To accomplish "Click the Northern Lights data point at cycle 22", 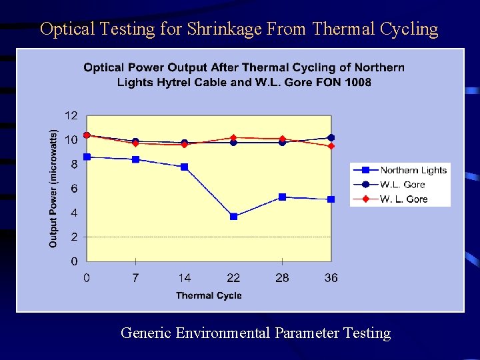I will pyautogui.click(x=233, y=217).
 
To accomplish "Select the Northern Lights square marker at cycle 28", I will pyautogui.click(x=283, y=197).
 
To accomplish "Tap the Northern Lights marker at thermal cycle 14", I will pyautogui.click(x=185, y=167).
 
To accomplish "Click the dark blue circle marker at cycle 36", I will pyautogui.click(x=331, y=138).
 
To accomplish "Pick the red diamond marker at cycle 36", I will pyautogui.click(x=331, y=146).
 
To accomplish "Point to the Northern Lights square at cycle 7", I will pyautogui.click(x=136, y=159).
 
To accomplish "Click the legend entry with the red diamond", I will pyautogui.click(x=400, y=199).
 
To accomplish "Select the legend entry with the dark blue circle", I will pyautogui.click(x=400, y=185).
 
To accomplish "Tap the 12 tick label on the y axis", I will pyautogui.click(x=71, y=115).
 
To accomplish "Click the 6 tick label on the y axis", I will pyautogui.click(x=74, y=189).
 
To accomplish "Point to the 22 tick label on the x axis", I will pyautogui.click(x=233, y=278).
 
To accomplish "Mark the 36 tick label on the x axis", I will pyautogui.click(x=331, y=278).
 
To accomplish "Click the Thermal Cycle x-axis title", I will pyautogui.click(x=209, y=295).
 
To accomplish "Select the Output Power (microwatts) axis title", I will pyautogui.click(x=53, y=189).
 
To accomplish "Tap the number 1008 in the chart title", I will pyautogui.click(x=358, y=83).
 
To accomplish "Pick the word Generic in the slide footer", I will pyautogui.click(x=146, y=333).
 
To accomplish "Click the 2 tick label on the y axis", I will pyautogui.click(x=74, y=237).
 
